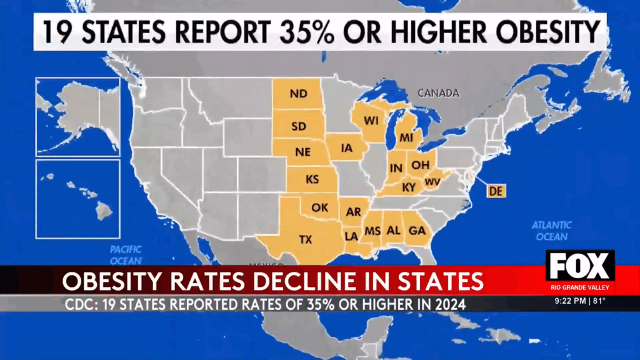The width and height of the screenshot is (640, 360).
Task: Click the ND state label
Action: coord(298,94)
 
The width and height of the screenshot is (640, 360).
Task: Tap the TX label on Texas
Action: coord(306,239)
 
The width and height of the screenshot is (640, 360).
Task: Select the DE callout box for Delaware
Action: coord(496,191)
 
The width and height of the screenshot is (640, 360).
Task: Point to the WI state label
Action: coord(371,121)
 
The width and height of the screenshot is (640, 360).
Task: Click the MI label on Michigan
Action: coord(407,136)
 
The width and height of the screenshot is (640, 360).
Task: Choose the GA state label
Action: coord(417,231)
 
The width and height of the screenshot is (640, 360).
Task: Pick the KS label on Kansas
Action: coord(312,179)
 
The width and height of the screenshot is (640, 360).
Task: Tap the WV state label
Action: coord(432,182)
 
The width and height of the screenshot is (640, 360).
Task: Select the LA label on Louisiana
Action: coord(351,236)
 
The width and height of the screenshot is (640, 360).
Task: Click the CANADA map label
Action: coord(438,93)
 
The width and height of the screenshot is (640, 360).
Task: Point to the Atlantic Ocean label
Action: coord(552,231)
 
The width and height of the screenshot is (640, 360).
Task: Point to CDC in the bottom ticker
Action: coord(80,304)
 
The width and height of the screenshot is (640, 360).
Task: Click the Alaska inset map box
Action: coord(77,117)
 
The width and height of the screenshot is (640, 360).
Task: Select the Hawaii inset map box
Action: coord(77,199)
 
